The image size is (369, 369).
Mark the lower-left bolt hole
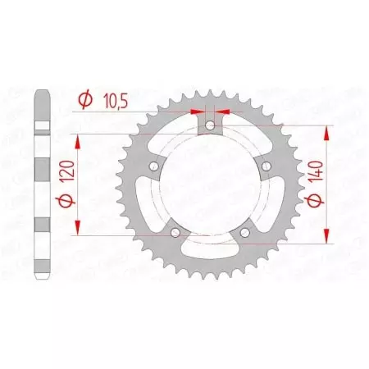pos(175,235)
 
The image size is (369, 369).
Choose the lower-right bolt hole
pos(246,235)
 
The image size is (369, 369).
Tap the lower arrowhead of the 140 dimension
pos(329,239)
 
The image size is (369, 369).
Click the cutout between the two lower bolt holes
pos(211,244)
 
